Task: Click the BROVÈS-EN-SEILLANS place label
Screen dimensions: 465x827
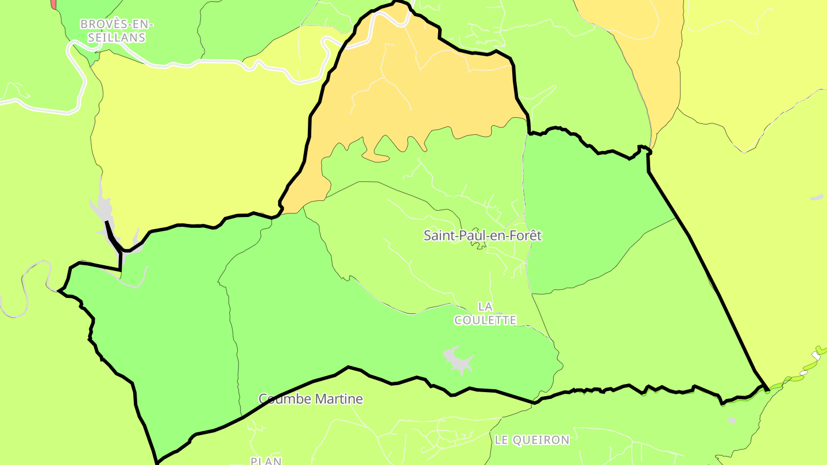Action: [117, 31]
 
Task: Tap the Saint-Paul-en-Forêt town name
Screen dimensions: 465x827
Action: [482, 235]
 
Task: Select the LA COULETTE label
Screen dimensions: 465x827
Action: [485, 313]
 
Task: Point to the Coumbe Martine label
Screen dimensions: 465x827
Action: [311, 398]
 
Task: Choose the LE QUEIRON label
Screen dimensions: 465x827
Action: [532, 440]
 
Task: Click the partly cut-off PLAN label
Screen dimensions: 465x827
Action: [266, 460]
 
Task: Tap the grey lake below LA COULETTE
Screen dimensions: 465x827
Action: [458, 361]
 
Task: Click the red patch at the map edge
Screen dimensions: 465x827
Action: [53, 3]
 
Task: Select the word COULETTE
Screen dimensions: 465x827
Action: [485, 320]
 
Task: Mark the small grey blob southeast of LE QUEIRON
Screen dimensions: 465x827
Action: [732, 421]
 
